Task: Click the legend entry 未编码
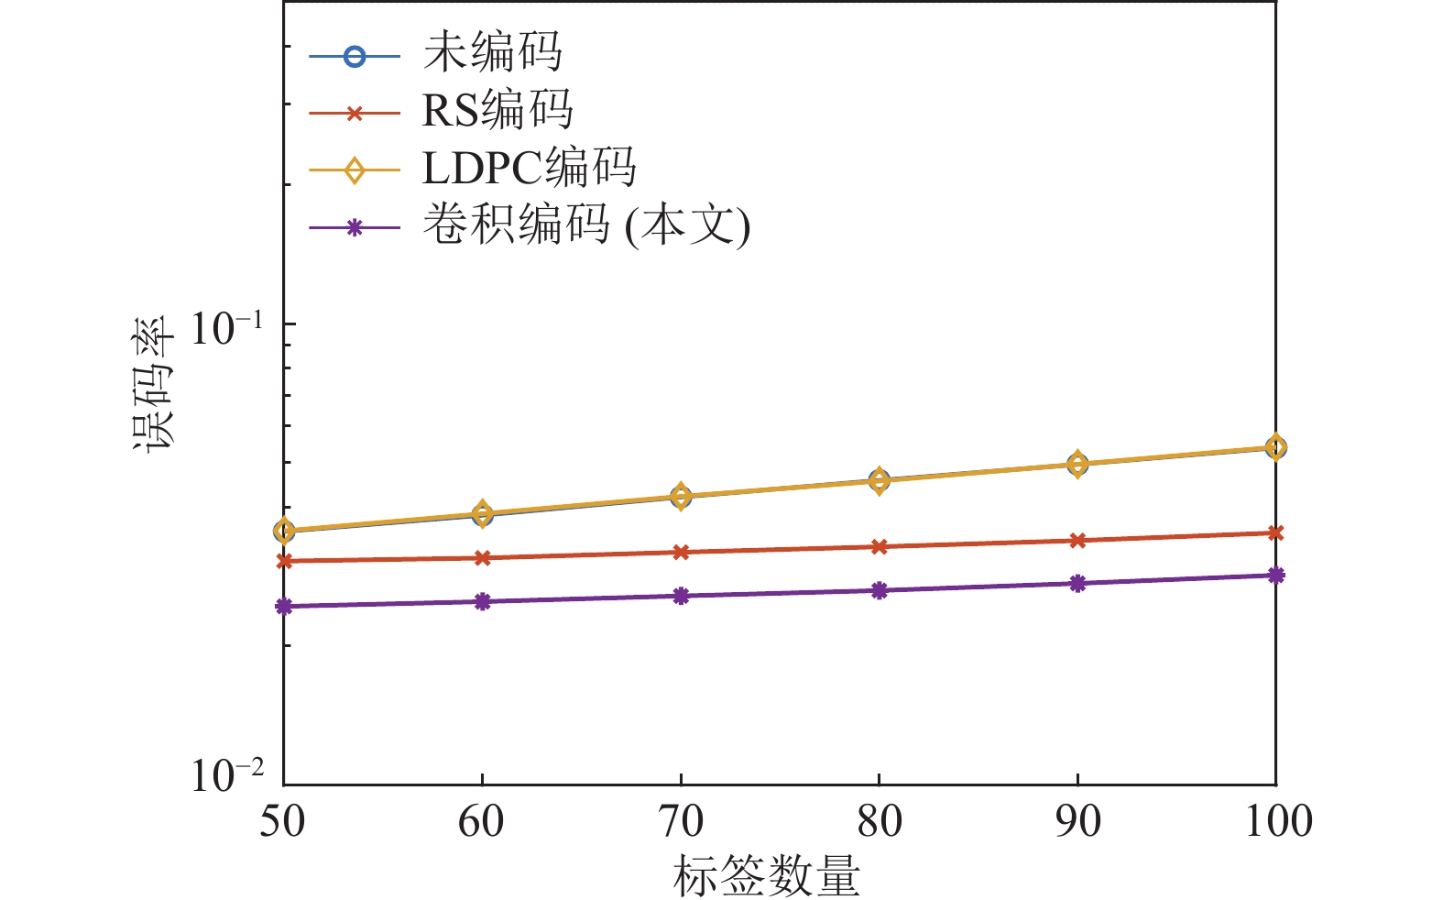point(492,53)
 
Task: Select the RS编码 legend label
point(497,111)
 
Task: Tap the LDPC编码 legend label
point(529,169)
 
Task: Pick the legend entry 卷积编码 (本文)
point(585,225)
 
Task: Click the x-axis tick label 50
point(282,821)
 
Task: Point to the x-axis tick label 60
point(481,821)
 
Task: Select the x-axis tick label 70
point(680,821)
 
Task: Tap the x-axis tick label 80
point(879,821)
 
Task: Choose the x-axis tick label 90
point(1077,821)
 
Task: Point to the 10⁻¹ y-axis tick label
point(226,327)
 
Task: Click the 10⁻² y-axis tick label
point(226,774)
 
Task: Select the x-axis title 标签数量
point(766,875)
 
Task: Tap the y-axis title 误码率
point(153,384)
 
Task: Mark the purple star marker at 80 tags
point(879,590)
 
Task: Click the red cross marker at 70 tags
point(680,553)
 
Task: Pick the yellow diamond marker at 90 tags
point(1077,465)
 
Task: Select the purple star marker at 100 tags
point(1275,576)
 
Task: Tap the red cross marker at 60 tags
point(482,558)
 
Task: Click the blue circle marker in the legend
point(354,56)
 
